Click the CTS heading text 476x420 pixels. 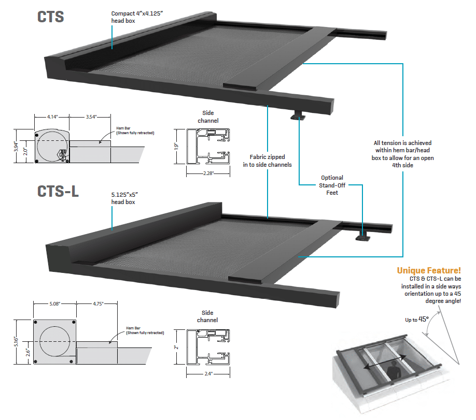click(x=50, y=17)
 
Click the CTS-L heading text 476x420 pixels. click(x=58, y=191)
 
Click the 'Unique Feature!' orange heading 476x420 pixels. click(x=428, y=270)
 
